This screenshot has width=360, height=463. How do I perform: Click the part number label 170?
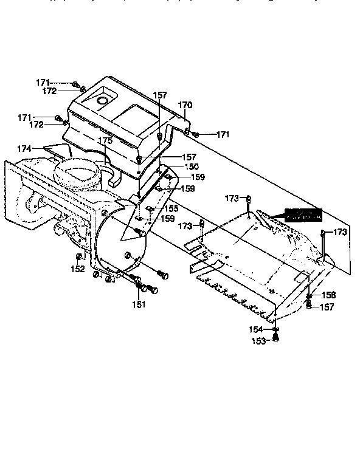[x=185, y=105]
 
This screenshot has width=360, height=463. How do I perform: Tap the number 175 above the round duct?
[x=105, y=140]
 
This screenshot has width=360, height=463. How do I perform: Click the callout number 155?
[x=171, y=208]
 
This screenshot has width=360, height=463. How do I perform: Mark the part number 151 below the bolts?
[x=139, y=304]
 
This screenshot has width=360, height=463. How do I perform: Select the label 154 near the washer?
[x=256, y=329]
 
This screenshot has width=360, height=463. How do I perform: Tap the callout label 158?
[x=328, y=295]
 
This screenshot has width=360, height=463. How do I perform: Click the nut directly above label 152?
[x=78, y=256]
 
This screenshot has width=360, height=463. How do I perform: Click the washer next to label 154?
[x=275, y=329]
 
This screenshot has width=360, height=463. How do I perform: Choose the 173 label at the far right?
[x=340, y=232]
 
